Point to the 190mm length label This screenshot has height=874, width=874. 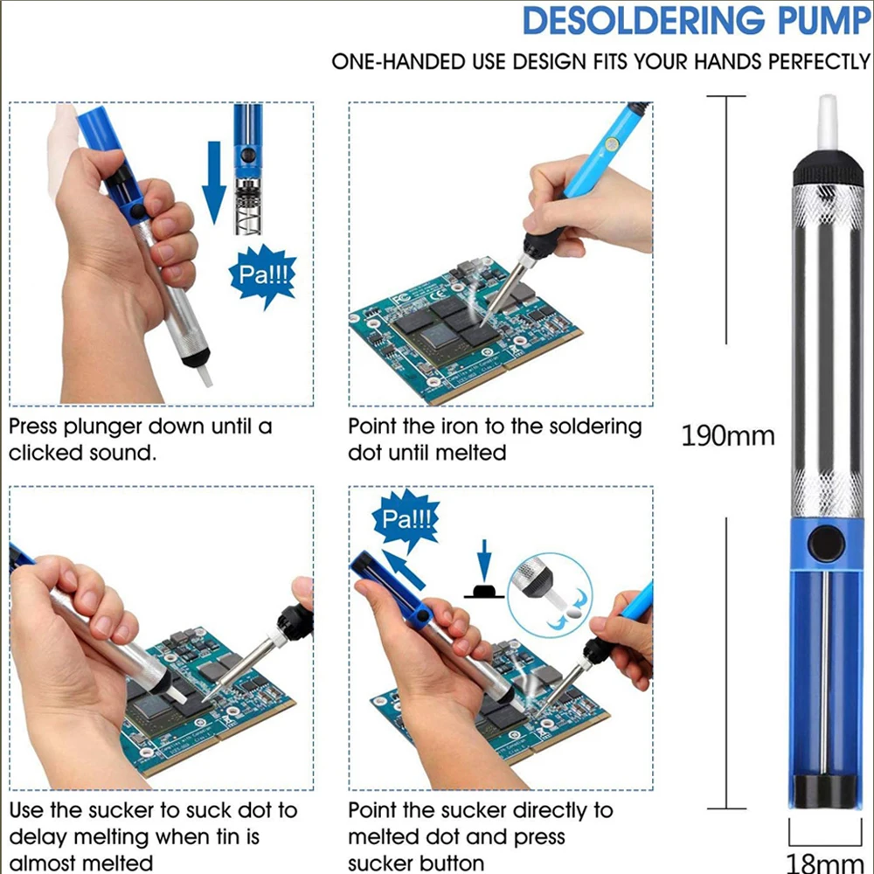pos(727,434)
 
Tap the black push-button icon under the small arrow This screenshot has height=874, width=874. pos(482,590)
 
